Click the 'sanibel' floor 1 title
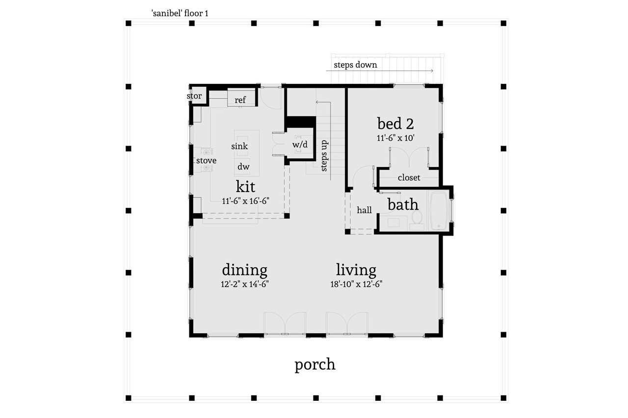pos(180,13)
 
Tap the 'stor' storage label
pos(194,96)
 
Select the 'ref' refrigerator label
pos(240,100)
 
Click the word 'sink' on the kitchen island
pos(239,146)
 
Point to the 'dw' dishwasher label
pos(243,167)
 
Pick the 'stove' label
pos(206,160)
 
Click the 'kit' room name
pos(245,186)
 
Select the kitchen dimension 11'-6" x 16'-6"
pos(245,200)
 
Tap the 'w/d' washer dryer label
pos(300,145)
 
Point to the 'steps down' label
pos(355,65)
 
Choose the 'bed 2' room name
pos(395,123)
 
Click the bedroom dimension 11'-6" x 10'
pos(395,138)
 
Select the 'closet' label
pos(409,177)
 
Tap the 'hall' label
pos(364,210)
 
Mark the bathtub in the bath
pos(438,211)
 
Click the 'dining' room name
pos(244,270)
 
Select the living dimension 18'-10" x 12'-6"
pos(356,284)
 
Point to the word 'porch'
pos(315,365)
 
